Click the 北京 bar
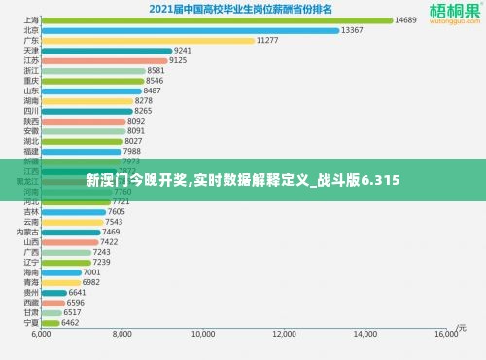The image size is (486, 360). click(190, 30)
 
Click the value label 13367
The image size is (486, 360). click(353, 30)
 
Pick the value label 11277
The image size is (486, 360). click(267, 40)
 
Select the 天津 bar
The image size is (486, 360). click(106, 51)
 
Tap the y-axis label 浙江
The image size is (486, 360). click(31, 71)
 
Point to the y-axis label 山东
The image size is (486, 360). click(31, 90)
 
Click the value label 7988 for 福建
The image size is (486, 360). click(132, 151)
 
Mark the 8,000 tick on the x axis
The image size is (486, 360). click(122, 334)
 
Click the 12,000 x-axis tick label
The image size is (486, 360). click(285, 334)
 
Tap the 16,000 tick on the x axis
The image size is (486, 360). click(446, 334)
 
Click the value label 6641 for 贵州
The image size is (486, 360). click(78, 292)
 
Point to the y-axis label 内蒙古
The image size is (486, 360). click(28, 232)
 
